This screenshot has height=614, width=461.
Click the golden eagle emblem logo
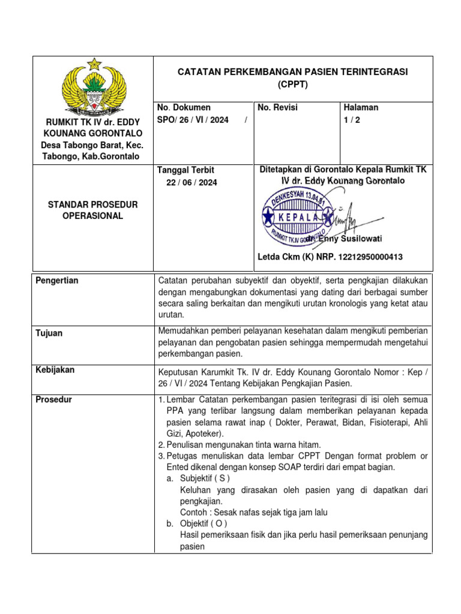pyautogui.click(x=94, y=87)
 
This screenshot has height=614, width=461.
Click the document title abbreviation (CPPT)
pyautogui.click(x=292, y=85)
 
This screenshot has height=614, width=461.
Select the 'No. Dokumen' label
pyautogui.click(x=184, y=107)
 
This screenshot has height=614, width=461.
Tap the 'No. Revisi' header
pyautogui.click(x=277, y=107)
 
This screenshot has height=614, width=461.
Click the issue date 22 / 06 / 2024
pyautogui.click(x=191, y=182)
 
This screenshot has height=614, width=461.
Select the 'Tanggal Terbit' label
pyautogui.click(x=185, y=170)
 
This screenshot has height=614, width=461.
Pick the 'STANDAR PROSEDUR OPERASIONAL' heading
pyautogui.click(x=92, y=210)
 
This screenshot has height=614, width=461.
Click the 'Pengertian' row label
pyautogui.click(x=57, y=281)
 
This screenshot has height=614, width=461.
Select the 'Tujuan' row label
pyautogui.click(x=49, y=333)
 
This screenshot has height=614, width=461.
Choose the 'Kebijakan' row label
pyautogui.click(x=55, y=370)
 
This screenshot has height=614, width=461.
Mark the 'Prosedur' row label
pyautogui.click(x=53, y=399)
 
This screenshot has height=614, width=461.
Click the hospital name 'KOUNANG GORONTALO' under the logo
pyautogui.click(x=92, y=133)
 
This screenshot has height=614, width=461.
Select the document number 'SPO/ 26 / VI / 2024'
pyautogui.click(x=193, y=120)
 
